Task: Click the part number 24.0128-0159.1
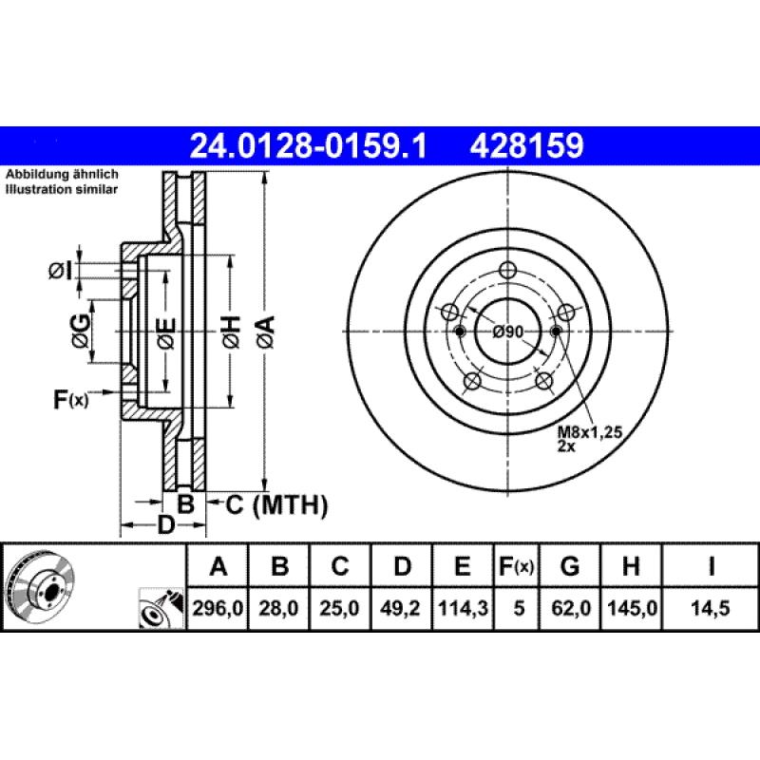pos(309,145)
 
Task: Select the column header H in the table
pos(630,568)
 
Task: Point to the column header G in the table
pos(570,568)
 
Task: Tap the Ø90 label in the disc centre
pos(508,332)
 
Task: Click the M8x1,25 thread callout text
pos(588,433)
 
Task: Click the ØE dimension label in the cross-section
pos(165,332)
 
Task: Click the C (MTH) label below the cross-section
pos(275,505)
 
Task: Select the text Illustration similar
pos(62,190)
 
